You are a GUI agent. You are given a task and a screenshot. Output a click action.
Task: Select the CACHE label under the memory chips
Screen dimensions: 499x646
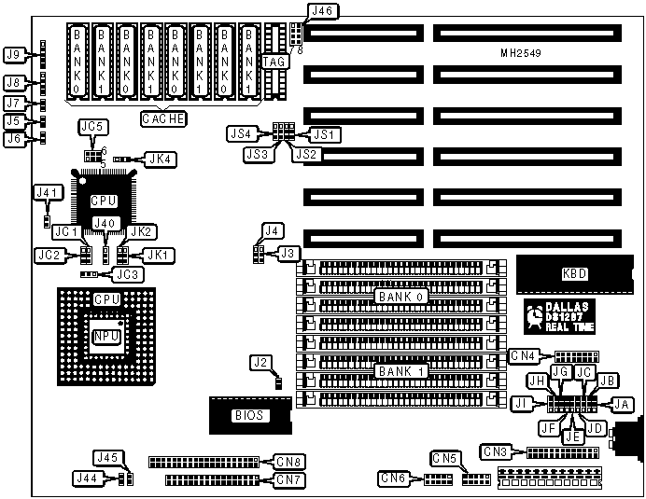coord(163,118)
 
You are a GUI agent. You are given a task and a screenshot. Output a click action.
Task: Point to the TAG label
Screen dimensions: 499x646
coord(274,62)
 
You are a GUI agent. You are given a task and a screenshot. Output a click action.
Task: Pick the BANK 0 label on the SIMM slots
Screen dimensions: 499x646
coord(401,297)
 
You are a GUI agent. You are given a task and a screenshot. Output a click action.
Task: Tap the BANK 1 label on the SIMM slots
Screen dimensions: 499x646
coord(401,371)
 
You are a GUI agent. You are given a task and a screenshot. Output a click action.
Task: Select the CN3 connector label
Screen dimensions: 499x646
coord(497,451)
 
